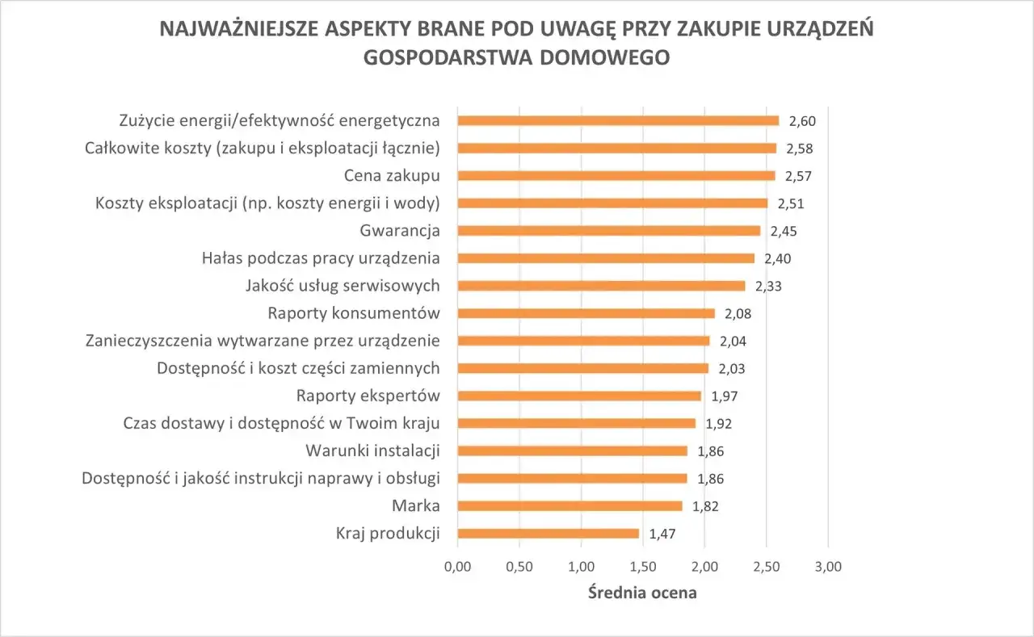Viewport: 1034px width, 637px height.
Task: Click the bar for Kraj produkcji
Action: coord(548,534)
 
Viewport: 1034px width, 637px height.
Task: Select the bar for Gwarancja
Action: coord(609,231)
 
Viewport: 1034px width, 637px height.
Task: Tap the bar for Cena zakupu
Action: coord(616,175)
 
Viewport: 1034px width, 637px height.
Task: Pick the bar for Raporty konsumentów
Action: coord(586,313)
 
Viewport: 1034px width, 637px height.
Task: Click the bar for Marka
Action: coord(570,506)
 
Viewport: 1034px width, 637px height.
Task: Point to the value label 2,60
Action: coord(802,121)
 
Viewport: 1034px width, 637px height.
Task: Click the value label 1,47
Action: coord(662,534)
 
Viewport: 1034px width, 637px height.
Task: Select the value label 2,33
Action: coord(768,286)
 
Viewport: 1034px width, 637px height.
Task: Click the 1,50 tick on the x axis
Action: coord(642,566)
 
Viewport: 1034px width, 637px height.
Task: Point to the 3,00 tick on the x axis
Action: coord(828,566)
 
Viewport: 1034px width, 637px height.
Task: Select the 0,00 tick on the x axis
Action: coord(458,566)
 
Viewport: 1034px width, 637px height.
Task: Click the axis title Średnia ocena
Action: coord(642,593)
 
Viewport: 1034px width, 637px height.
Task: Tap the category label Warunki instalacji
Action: coord(372,451)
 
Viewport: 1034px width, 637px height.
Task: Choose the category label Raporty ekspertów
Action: coord(368,396)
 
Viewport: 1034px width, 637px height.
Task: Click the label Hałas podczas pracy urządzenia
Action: coord(321,258)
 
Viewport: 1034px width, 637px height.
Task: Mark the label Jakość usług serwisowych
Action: coord(342,286)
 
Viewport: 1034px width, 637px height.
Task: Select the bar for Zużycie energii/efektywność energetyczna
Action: coord(618,120)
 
